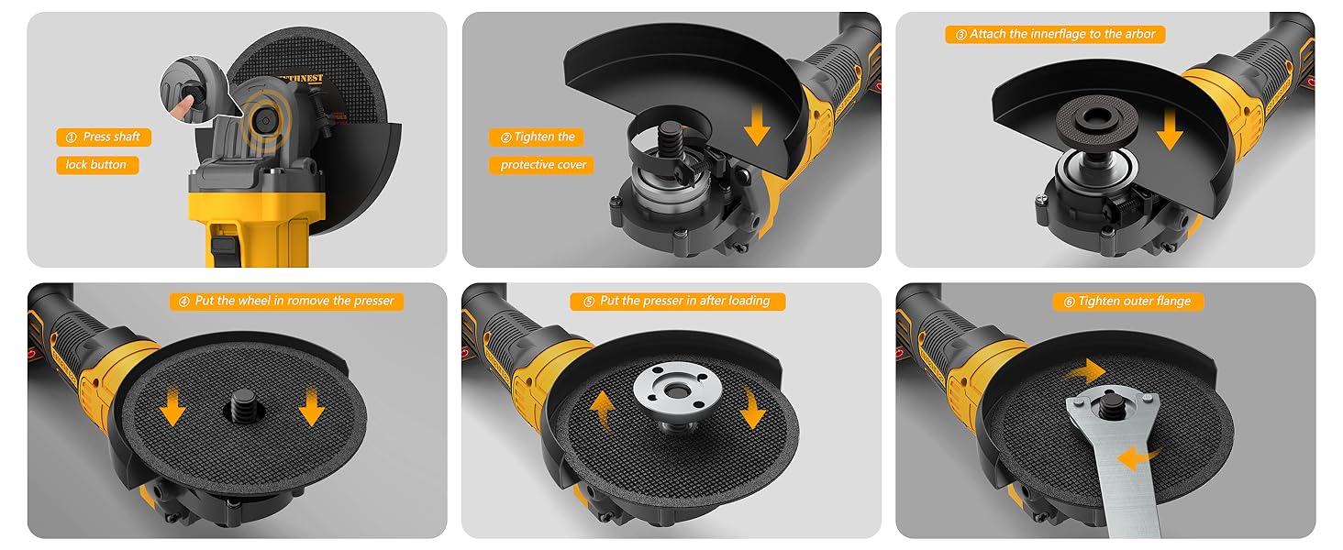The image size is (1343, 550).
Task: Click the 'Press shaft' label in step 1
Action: (103, 137)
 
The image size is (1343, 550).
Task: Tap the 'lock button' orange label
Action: (97, 165)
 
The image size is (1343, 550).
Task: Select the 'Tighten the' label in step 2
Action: (536, 137)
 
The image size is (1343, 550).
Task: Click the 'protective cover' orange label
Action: (542, 165)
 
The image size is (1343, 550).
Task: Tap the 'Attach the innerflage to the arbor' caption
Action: (1055, 35)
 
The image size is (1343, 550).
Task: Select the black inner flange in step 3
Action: (1093, 126)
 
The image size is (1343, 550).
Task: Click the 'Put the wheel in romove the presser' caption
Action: (286, 301)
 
